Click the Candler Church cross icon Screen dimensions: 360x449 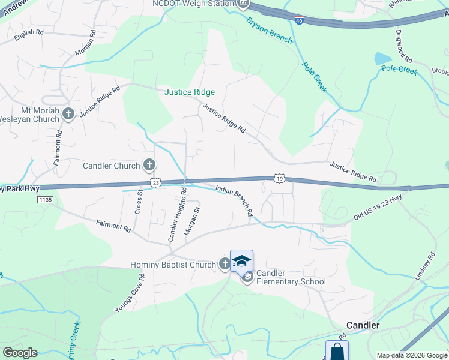click(x=149, y=165)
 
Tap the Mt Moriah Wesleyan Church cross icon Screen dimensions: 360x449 click(x=68, y=114)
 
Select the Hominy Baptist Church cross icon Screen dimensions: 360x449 click(x=224, y=264)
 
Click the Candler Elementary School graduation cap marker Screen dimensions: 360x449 click(x=241, y=261)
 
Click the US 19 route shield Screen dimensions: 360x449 click(x=279, y=178)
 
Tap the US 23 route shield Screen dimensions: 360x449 click(x=155, y=182)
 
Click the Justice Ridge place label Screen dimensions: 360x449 click(x=190, y=92)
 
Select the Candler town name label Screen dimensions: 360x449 click(x=363, y=325)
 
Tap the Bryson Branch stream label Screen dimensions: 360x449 click(x=269, y=29)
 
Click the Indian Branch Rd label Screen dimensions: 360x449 click(x=234, y=200)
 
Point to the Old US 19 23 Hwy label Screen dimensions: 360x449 click(x=377, y=208)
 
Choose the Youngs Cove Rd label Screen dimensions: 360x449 click(x=130, y=293)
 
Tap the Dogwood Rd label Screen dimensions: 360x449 click(x=404, y=48)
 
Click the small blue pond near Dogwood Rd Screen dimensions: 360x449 click(x=382, y=59)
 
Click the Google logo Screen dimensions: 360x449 click(x=20, y=353)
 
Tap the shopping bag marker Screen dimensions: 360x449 click(x=337, y=351)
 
